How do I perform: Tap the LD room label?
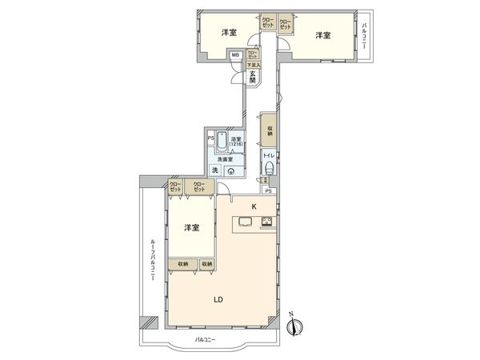tap(217, 300)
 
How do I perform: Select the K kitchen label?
tap(254, 207)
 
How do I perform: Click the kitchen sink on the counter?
tap(243, 222)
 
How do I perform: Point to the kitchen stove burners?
tap(266, 222)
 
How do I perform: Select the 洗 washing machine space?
tap(214, 170)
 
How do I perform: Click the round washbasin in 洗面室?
tap(231, 170)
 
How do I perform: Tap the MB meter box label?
tap(235, 56)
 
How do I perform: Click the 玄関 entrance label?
tap(251, 77)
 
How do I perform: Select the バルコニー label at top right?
tap(364, 37)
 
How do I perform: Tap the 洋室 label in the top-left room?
tap(229, 33)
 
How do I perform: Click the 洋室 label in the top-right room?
tap(322, 35)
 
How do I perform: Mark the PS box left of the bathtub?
tap(210, 138)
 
